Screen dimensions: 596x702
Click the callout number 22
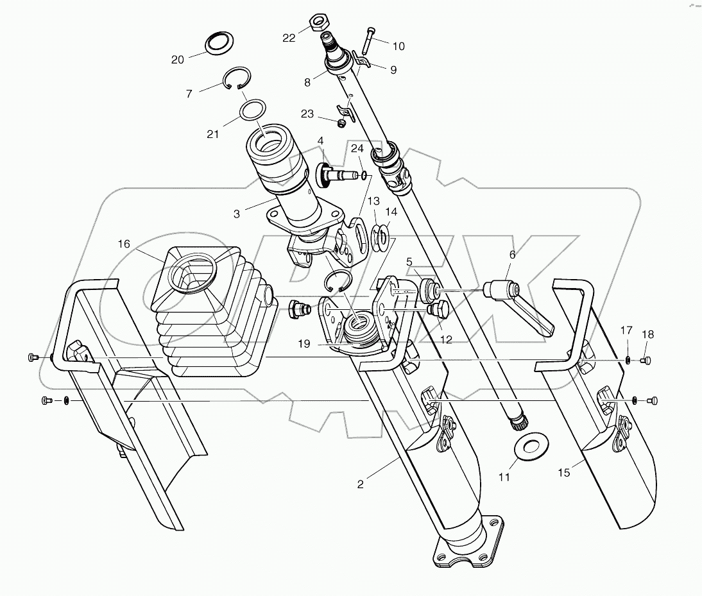coord(289,38)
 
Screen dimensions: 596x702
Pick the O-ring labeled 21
coord(253,109)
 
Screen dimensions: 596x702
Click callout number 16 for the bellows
coord(123,244)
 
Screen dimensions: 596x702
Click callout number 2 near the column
coord(361,484)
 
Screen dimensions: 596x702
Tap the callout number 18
coord(647,334)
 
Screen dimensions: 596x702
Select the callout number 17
coord(626,331)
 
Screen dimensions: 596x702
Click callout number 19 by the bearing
coord(304,345)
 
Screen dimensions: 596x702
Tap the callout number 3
coord(237,214)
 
